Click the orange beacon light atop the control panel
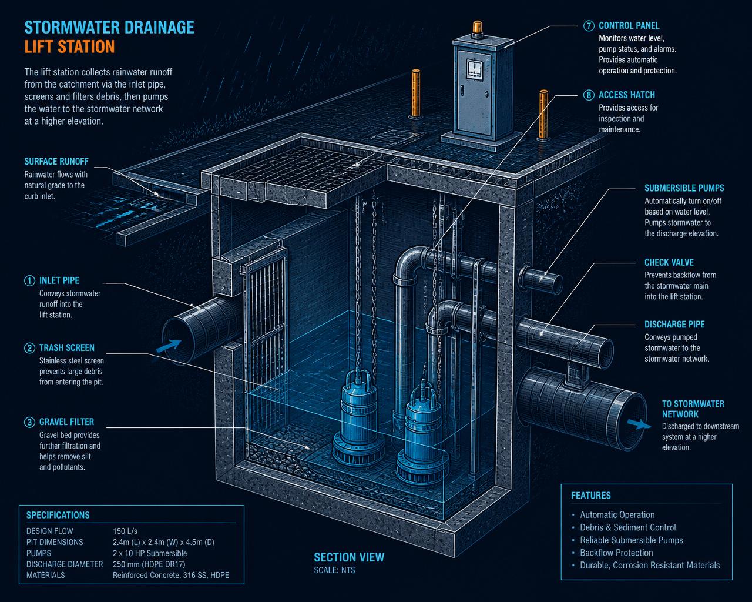(x=477, y=29)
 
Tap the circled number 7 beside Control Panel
(x=589, y=26)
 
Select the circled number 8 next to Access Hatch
(x=589, y=95)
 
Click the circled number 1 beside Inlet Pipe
(x=29, y=280)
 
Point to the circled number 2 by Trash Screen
(x=29, y=347)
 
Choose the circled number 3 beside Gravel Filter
(x=29, y=422)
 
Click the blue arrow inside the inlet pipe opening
(x=169, y=346)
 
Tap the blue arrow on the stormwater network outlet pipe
(x=639, y=424)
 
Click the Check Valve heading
(x=669, y=262)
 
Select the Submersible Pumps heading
(x=684, y=188)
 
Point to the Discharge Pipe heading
(x=674, y=325)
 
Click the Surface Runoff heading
(x=56, y=161)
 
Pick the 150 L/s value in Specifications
(x=125, y=531)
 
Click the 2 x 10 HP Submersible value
(x=150, y=553)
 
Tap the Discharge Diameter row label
(x=65, y=564)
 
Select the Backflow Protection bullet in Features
(x=616, y=553)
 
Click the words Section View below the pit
(x=349, y=557)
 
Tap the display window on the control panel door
(x=475, y=68)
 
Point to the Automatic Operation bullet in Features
(x=617, y=514)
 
